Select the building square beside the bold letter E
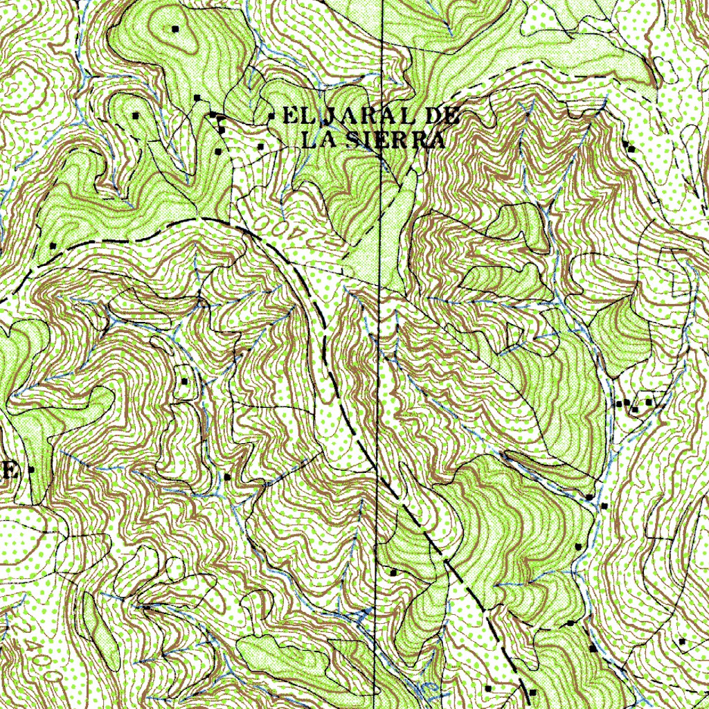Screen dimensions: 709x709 31,470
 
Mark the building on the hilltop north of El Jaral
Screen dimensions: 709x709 175,28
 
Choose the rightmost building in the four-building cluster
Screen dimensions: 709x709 649,402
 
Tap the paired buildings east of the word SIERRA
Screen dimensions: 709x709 629,147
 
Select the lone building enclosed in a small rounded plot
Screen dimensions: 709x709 185,381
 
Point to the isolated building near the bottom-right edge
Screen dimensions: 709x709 682,642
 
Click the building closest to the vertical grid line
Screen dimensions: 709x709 394,573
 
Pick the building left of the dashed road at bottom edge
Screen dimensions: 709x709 489,688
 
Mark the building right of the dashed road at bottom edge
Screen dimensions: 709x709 532,692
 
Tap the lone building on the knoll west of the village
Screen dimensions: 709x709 136,115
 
